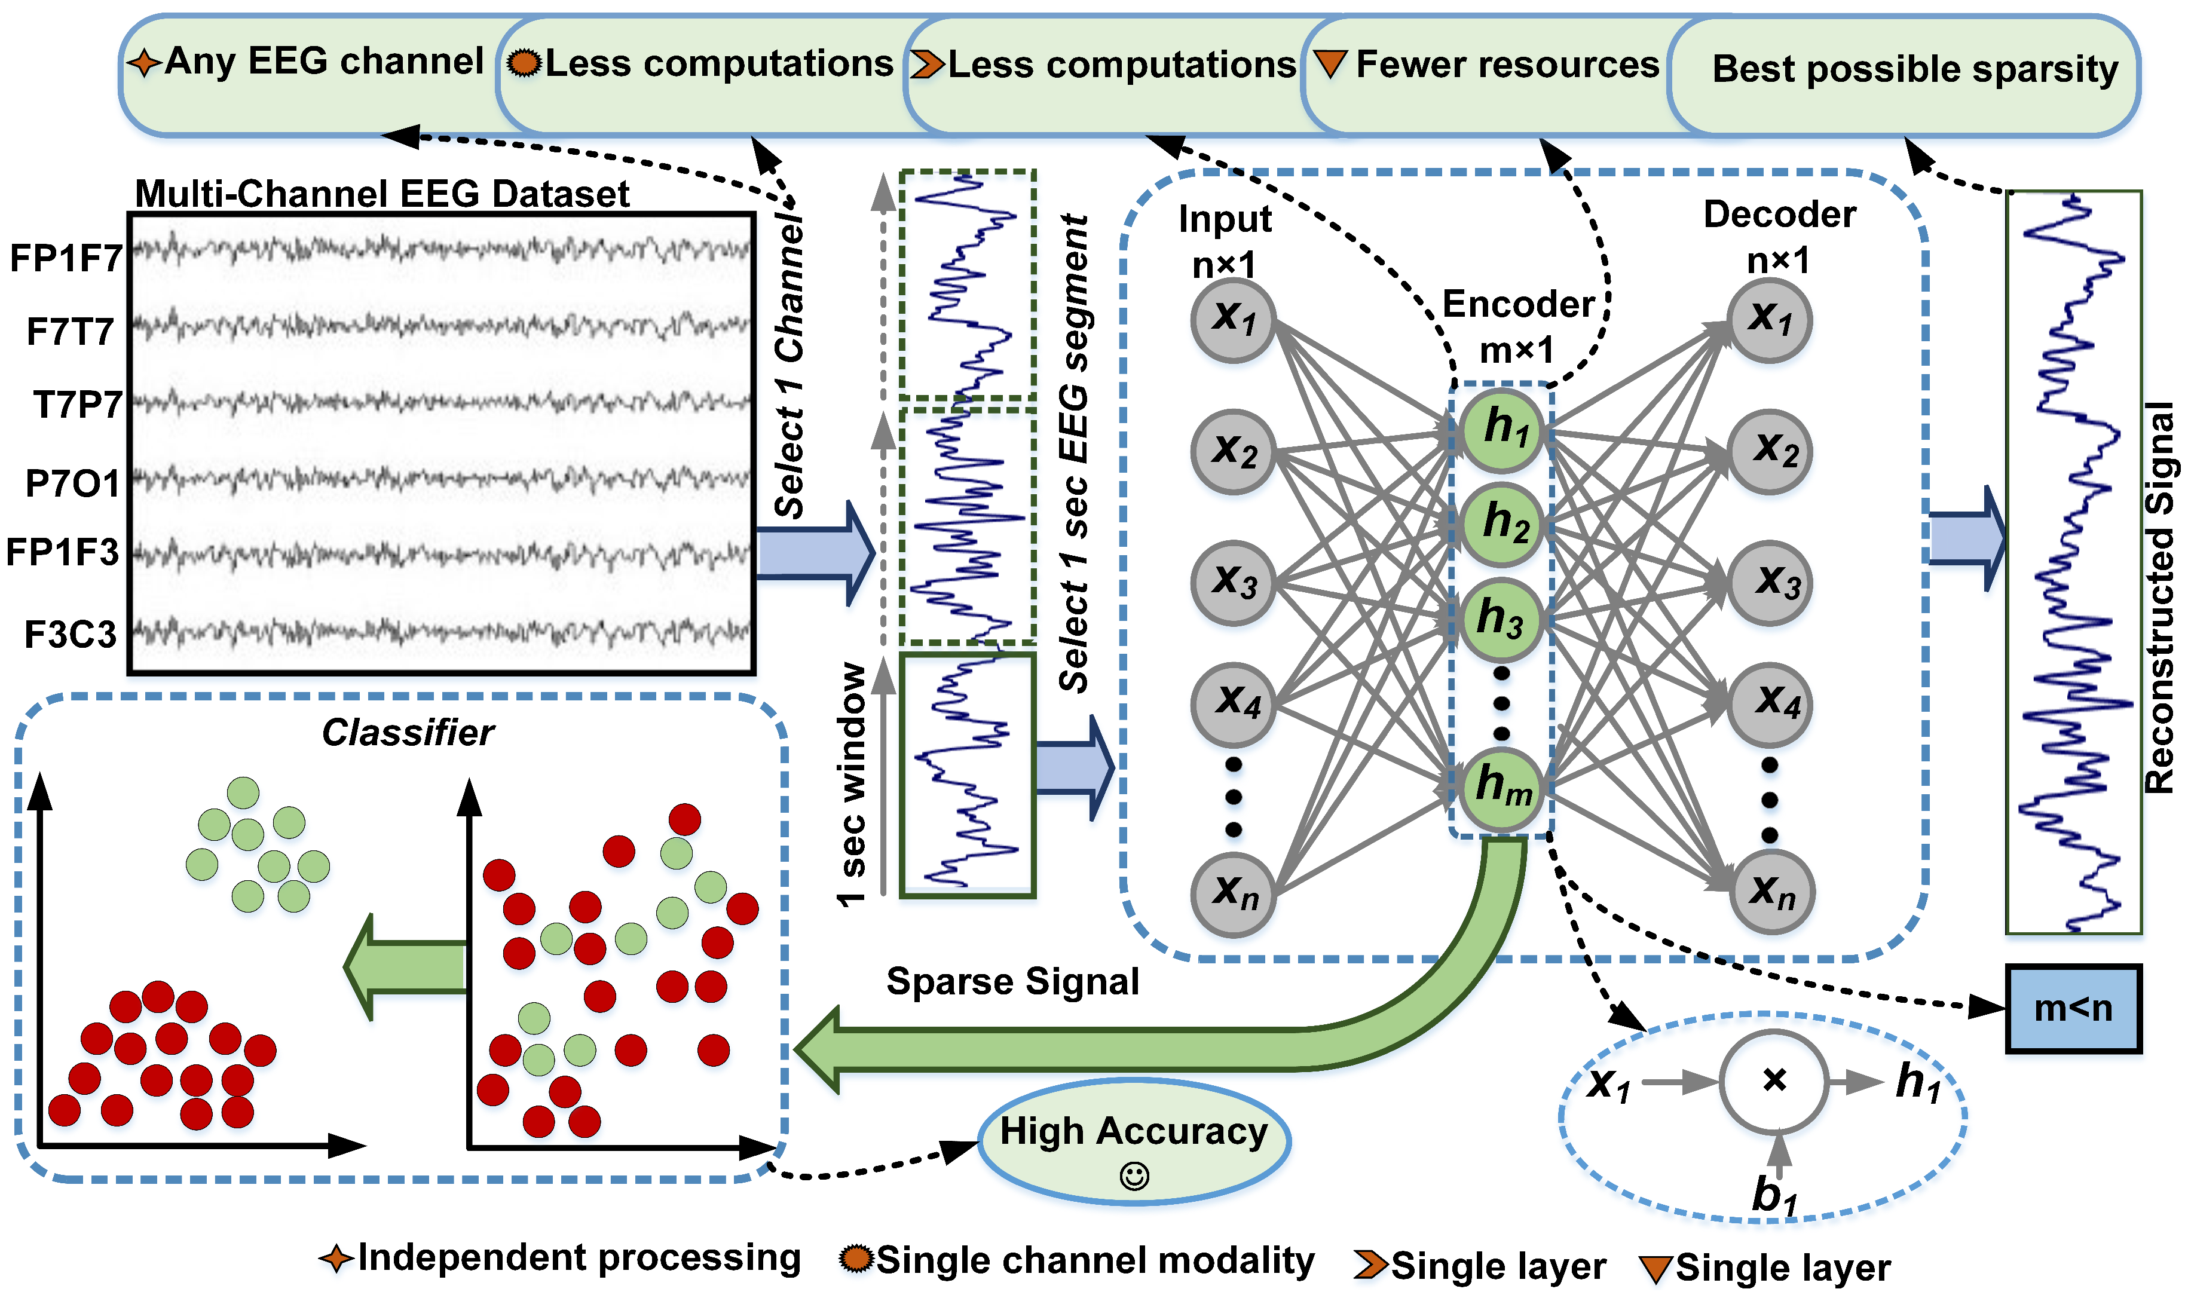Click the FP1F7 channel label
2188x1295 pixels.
(66, 258)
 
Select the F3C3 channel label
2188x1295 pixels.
(70, 635)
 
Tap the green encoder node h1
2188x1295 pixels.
(1501, 429)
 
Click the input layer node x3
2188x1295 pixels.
(1233, 582)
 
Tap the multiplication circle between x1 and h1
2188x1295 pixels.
(1773, 1082)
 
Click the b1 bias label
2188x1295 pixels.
(1774, 1195)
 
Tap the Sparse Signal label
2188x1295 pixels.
(1012, 982)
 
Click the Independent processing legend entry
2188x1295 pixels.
(578, 1257)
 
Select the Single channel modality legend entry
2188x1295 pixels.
(1094, 1260)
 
